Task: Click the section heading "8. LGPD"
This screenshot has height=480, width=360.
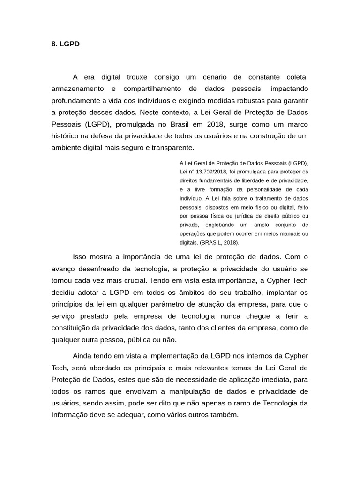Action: coord(65,44)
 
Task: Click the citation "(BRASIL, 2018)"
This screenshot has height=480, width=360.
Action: coord(219,243)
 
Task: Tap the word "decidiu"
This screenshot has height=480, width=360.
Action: coord(64,292)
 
